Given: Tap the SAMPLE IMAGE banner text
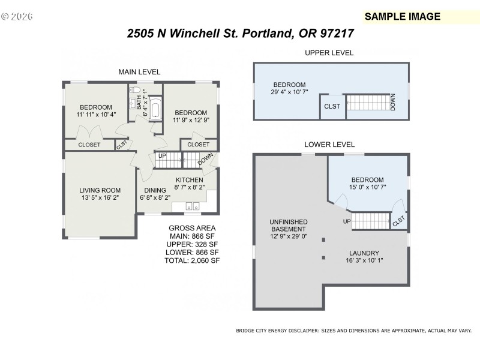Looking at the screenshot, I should pos(402,16).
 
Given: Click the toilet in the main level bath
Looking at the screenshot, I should pos(136,91).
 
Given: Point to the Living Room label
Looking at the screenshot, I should pos(100,191).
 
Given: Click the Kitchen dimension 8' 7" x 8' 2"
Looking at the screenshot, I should pos(188,188).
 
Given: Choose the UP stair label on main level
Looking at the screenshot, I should pos(161,156).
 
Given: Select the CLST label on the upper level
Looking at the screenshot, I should pos(332,106).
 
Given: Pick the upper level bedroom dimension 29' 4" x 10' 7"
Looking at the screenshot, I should pos(289,92).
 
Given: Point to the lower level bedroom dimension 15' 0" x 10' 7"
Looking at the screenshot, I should pos(367,187).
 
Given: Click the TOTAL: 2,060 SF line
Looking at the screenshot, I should pos(192,261).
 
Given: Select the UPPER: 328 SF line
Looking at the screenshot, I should pos(192,244).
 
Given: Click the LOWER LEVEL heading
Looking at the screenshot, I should pos(329,145).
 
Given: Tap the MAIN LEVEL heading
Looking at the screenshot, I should pos(139,72).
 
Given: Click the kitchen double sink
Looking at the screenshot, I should pos(193,207).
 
